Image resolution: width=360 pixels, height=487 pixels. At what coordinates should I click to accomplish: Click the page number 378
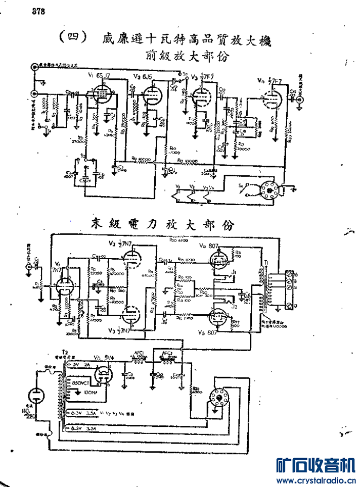(38, 13)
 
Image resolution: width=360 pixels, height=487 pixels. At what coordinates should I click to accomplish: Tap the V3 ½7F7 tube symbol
(202, 95)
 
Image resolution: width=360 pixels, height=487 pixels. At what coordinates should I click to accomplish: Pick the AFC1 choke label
(138, 353)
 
